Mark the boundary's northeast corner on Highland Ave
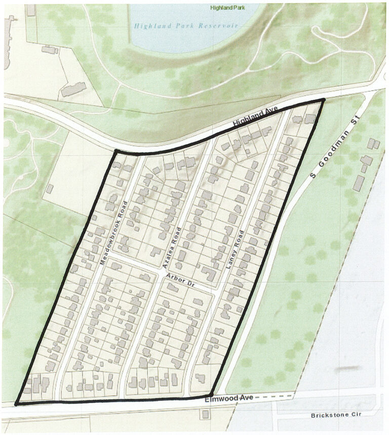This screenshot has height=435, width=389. coord(323,101)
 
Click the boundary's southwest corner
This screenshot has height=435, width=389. coord(16,404)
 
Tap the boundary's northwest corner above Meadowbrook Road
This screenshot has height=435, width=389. coord(115,151)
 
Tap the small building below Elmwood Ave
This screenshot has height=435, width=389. coord(205,415)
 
